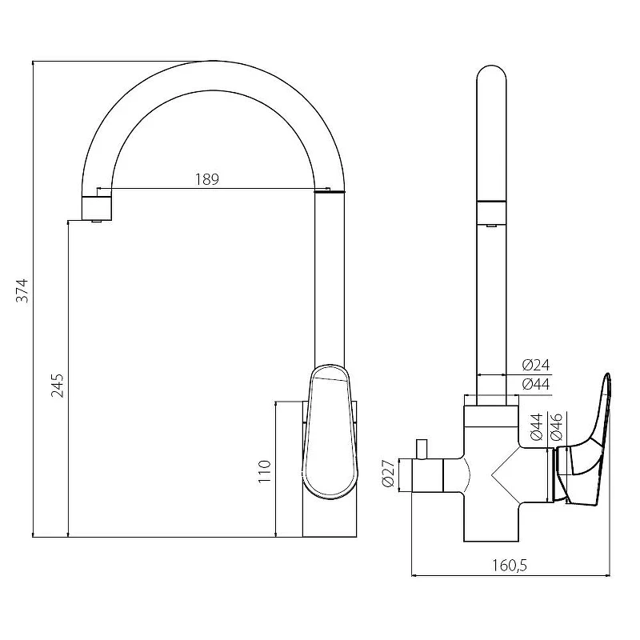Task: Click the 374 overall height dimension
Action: (23, 290)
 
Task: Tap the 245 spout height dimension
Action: (58, 386)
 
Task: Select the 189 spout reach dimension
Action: (207, 179)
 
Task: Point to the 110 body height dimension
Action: (265, 471)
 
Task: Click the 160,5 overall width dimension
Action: (510, 566)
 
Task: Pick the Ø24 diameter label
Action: (536, 365)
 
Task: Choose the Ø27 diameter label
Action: (388, 473)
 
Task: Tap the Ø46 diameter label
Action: (557, 427)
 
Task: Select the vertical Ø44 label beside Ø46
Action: (537, 427)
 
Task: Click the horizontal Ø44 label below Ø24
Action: (536, 384)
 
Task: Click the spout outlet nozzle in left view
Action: (97, 209)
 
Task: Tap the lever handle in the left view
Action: (330, 431)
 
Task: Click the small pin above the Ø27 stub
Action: (422, 449)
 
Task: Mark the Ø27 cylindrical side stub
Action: (428, 475)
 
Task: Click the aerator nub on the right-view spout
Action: (491, 225)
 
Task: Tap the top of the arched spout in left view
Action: (214, 62)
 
